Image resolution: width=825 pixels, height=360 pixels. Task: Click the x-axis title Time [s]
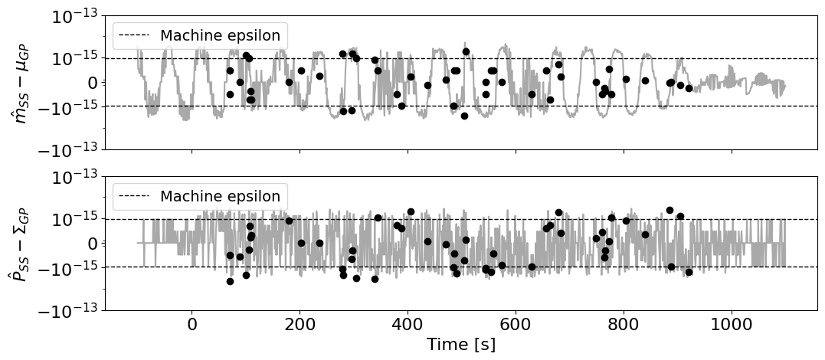[x=460, y=344]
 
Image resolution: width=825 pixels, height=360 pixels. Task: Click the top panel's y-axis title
[x=21, y=83]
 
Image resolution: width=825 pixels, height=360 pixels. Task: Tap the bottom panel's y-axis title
[x=21, y=243]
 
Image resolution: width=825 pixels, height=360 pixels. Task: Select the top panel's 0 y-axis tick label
[x=93, y=83]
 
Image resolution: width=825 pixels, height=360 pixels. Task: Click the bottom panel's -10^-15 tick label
[x=70, y=267]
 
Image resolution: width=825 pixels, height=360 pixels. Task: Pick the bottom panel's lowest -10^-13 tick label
[x=70, y=310]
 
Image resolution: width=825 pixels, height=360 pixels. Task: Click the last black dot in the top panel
[x=689, y=88]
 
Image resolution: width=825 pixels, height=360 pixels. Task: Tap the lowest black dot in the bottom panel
[x=230, y=282]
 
